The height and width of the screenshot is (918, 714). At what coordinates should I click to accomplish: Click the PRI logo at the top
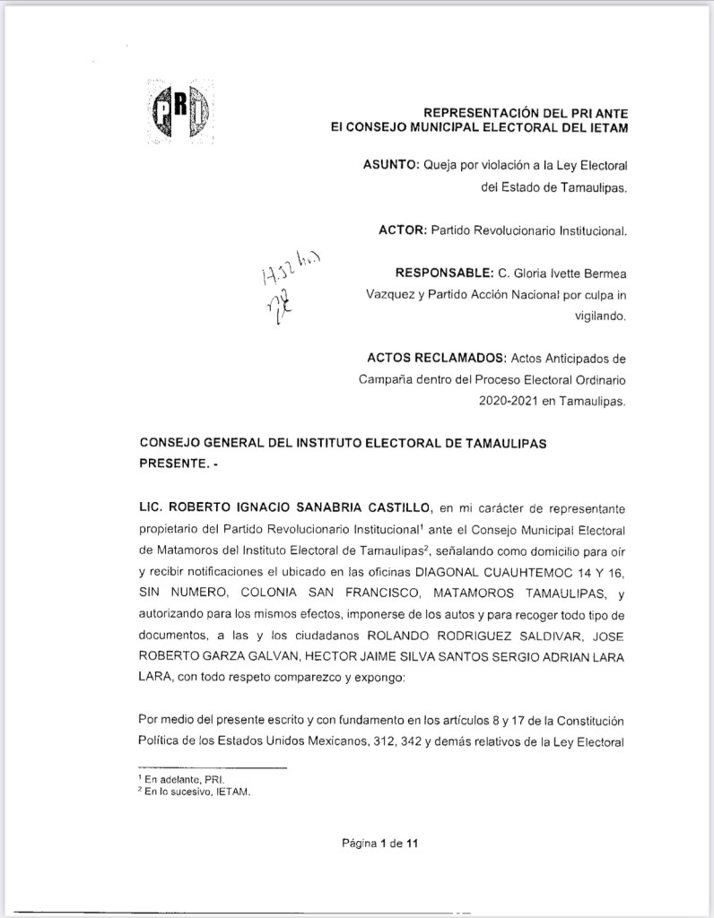[x=178, y=111]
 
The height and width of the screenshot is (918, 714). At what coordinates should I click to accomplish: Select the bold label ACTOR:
[x=403, y=230]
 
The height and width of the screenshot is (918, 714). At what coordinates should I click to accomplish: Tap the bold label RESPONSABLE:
[x=443, y=273]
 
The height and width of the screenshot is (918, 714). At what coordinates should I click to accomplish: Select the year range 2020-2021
[x=511, y=402]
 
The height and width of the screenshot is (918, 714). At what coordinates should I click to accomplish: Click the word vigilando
[x=601, y=316]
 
